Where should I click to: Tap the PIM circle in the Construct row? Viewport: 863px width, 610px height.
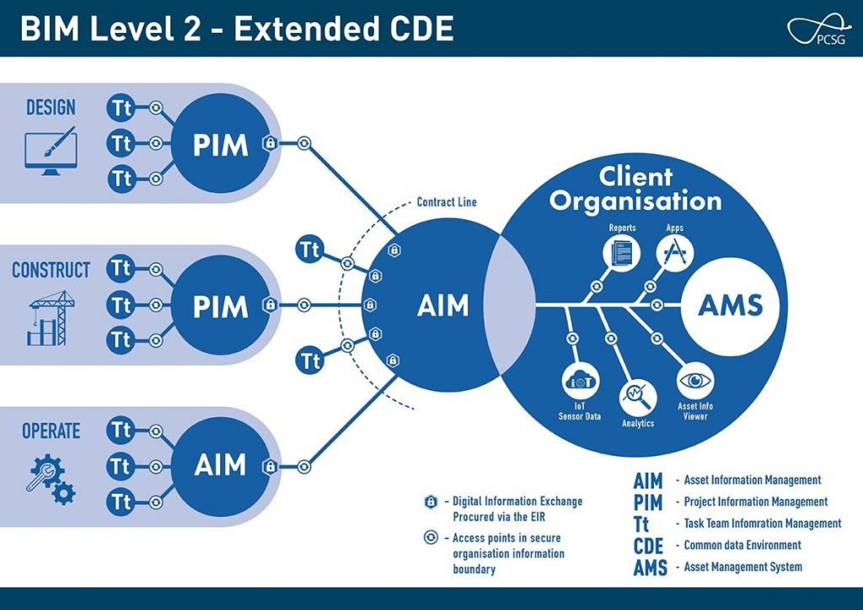220,305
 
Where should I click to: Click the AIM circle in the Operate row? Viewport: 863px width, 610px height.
220,465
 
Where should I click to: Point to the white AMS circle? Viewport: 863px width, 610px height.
730,305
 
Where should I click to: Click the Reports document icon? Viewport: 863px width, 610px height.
622,252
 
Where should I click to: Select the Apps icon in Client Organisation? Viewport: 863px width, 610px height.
674,252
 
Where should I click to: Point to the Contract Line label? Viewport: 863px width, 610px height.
447,203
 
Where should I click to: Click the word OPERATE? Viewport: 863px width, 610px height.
51,431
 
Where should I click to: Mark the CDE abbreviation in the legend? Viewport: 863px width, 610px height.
649,545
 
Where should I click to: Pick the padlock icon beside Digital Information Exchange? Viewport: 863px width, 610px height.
431,501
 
